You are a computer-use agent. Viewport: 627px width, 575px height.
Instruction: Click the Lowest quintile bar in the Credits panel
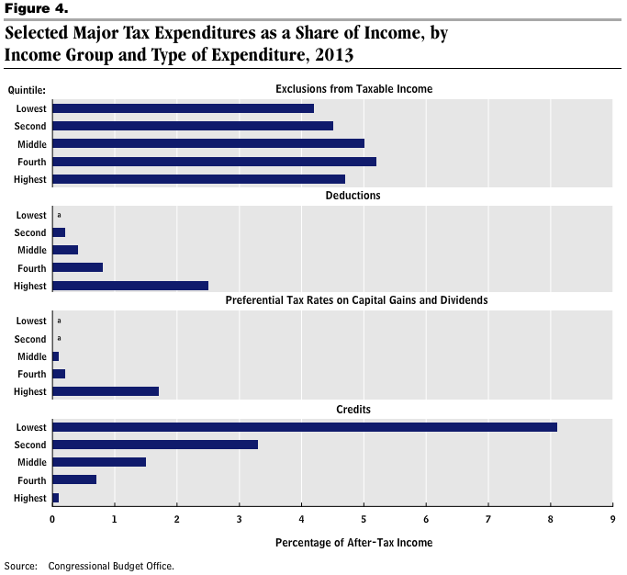(305, 427)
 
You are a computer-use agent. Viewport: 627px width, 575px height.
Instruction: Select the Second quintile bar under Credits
(155, 445)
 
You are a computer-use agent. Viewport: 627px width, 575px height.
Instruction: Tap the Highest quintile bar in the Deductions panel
(130, 286)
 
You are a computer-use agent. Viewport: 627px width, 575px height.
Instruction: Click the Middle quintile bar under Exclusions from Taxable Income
(208, 143)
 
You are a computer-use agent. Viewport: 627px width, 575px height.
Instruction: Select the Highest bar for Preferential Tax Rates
(106, 391)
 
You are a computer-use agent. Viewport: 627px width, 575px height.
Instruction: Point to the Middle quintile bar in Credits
(99, 462)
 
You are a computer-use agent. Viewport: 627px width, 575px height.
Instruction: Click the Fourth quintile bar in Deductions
(78, 267)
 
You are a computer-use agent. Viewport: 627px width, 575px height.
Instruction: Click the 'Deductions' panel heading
(353, 196)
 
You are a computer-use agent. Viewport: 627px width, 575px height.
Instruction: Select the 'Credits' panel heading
(353, 408)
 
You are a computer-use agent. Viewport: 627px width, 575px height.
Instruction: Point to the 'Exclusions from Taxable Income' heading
(353, 89)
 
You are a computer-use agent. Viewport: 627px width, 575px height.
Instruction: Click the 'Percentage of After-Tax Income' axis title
(353, 543)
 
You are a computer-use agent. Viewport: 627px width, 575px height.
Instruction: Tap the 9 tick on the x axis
(612, 519)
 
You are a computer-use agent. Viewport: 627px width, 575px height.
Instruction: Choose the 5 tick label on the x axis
(364, 519)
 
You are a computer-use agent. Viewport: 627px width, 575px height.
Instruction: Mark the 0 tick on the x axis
(52, 519)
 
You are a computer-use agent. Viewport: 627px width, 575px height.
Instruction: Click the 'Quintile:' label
(28, 90)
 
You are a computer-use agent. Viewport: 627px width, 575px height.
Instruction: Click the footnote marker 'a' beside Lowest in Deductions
(59, 215)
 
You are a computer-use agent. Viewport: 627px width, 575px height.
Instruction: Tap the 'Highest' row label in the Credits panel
(30, 498)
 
